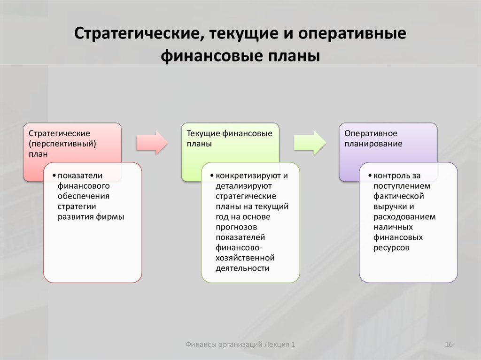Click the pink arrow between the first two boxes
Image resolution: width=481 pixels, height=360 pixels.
coord(152,143)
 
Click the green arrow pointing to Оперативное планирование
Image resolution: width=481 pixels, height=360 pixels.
coord(310,143)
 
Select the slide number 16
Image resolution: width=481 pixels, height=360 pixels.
coord(449,345)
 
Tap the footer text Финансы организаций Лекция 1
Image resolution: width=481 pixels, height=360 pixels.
coord(240,345)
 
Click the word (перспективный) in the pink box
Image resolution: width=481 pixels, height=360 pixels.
coord(62,144)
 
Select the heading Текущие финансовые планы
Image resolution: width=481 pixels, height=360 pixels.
coord(229,138)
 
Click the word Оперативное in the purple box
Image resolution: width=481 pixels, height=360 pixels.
coord(371,133)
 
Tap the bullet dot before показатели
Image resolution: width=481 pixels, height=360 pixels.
coord(54,176)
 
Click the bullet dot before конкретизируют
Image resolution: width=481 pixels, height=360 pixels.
coord(212,176)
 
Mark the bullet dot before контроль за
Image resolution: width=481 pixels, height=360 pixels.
coord(370,176)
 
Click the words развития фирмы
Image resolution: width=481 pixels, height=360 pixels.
coord(91,217)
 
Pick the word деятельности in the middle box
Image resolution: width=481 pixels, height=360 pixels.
coord(242,268)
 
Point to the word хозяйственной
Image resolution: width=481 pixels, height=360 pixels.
coord(245,258)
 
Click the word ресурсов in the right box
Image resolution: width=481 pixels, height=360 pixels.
coord(391,248)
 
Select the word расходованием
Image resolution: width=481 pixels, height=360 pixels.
coord(404,217)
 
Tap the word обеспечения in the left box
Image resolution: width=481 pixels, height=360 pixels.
coord(84,196)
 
